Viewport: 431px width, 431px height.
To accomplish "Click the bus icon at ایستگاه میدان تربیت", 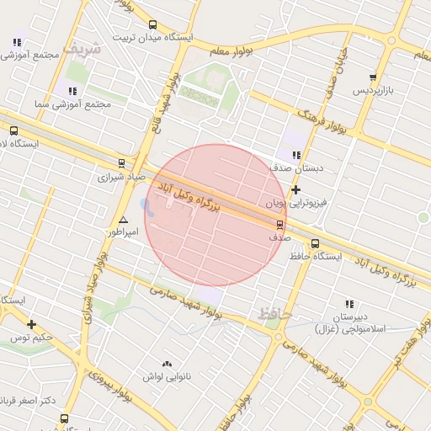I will click(152, 25).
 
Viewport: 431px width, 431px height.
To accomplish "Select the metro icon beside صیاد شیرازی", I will click(121, 164).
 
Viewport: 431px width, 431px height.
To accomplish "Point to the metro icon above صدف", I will click(279, 225).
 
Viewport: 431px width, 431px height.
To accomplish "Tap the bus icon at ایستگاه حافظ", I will click(315, 244).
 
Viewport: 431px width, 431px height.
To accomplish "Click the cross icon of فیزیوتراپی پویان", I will click(295, 190).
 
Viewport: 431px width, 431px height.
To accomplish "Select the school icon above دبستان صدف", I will click(295, 155).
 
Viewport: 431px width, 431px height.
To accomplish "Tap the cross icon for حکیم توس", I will click(31, 324).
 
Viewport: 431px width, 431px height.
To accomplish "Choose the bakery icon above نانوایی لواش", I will click(166, 364).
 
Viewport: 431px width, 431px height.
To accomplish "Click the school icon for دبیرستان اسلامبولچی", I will click(349, 304).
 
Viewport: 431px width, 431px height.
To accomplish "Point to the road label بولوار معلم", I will click(231, 51).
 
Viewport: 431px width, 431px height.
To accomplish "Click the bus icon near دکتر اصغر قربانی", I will click(65, 418).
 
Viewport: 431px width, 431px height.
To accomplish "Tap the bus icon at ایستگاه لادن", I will click(13, 130).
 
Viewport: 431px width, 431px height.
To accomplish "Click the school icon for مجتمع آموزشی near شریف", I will click(18, 41).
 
